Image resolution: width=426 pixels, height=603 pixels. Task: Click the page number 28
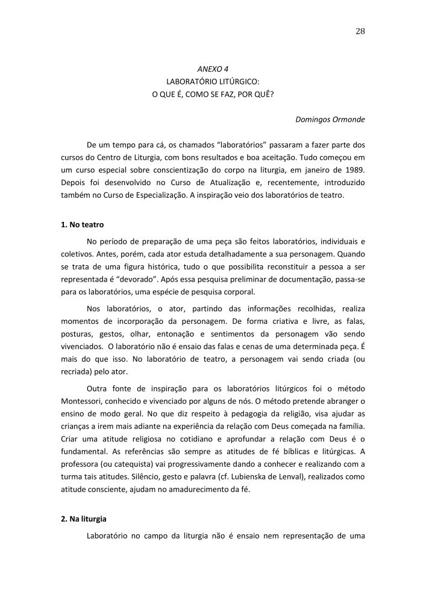coord(360,31)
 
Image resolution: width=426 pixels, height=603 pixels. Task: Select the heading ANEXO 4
coord(213,68)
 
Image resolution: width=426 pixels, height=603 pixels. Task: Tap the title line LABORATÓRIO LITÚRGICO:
coord(213,81)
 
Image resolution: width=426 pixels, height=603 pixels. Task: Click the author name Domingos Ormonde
coord(330,119)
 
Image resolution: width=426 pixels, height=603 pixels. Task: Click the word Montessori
coord(87,400)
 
